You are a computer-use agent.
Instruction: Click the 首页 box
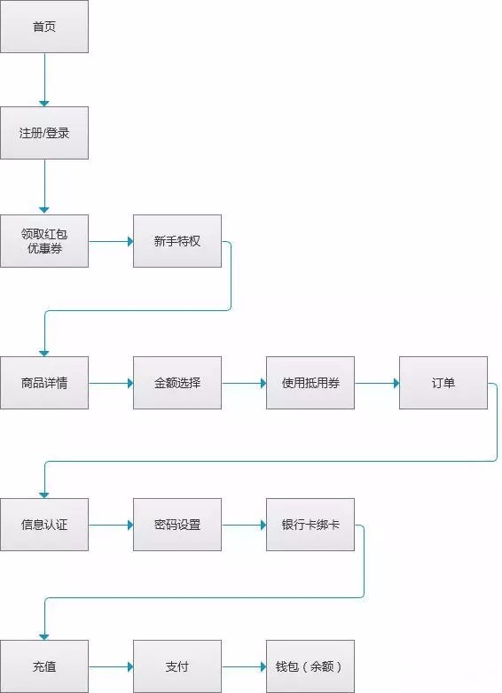(x=44, y=27)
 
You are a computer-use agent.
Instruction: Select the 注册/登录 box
(x=44, y=133)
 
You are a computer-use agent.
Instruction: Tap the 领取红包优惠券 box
(x=44, y=241)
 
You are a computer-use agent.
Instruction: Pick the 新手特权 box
(x=177, y=241)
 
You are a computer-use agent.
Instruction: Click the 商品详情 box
(x=44, y=383)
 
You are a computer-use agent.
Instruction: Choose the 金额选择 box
(x=177, y=383)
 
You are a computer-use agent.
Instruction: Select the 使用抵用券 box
(x=310, y=383)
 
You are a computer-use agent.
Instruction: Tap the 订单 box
(x=443, y=383)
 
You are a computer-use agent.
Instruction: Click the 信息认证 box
(x=44, y=525)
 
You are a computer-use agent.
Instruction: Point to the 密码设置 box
(x=177, y=525)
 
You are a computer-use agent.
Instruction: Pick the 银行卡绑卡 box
(x=310, y=525)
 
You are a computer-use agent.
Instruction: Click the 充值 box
(x=44, y=666)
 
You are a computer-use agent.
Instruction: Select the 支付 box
(x=177, y=666)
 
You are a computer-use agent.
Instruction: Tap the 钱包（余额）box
(x=310, y=666)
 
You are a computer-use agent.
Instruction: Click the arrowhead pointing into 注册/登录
(x=44, y=104)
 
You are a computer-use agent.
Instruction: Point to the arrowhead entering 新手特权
(x=130, y=241)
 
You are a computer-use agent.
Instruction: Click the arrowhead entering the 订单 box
(x=396, y=383)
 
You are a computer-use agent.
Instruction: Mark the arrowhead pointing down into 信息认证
(x=44, y=495)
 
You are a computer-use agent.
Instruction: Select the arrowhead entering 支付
(x=130, y=667)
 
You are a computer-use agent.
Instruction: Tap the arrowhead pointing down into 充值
(x=44, y=637)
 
